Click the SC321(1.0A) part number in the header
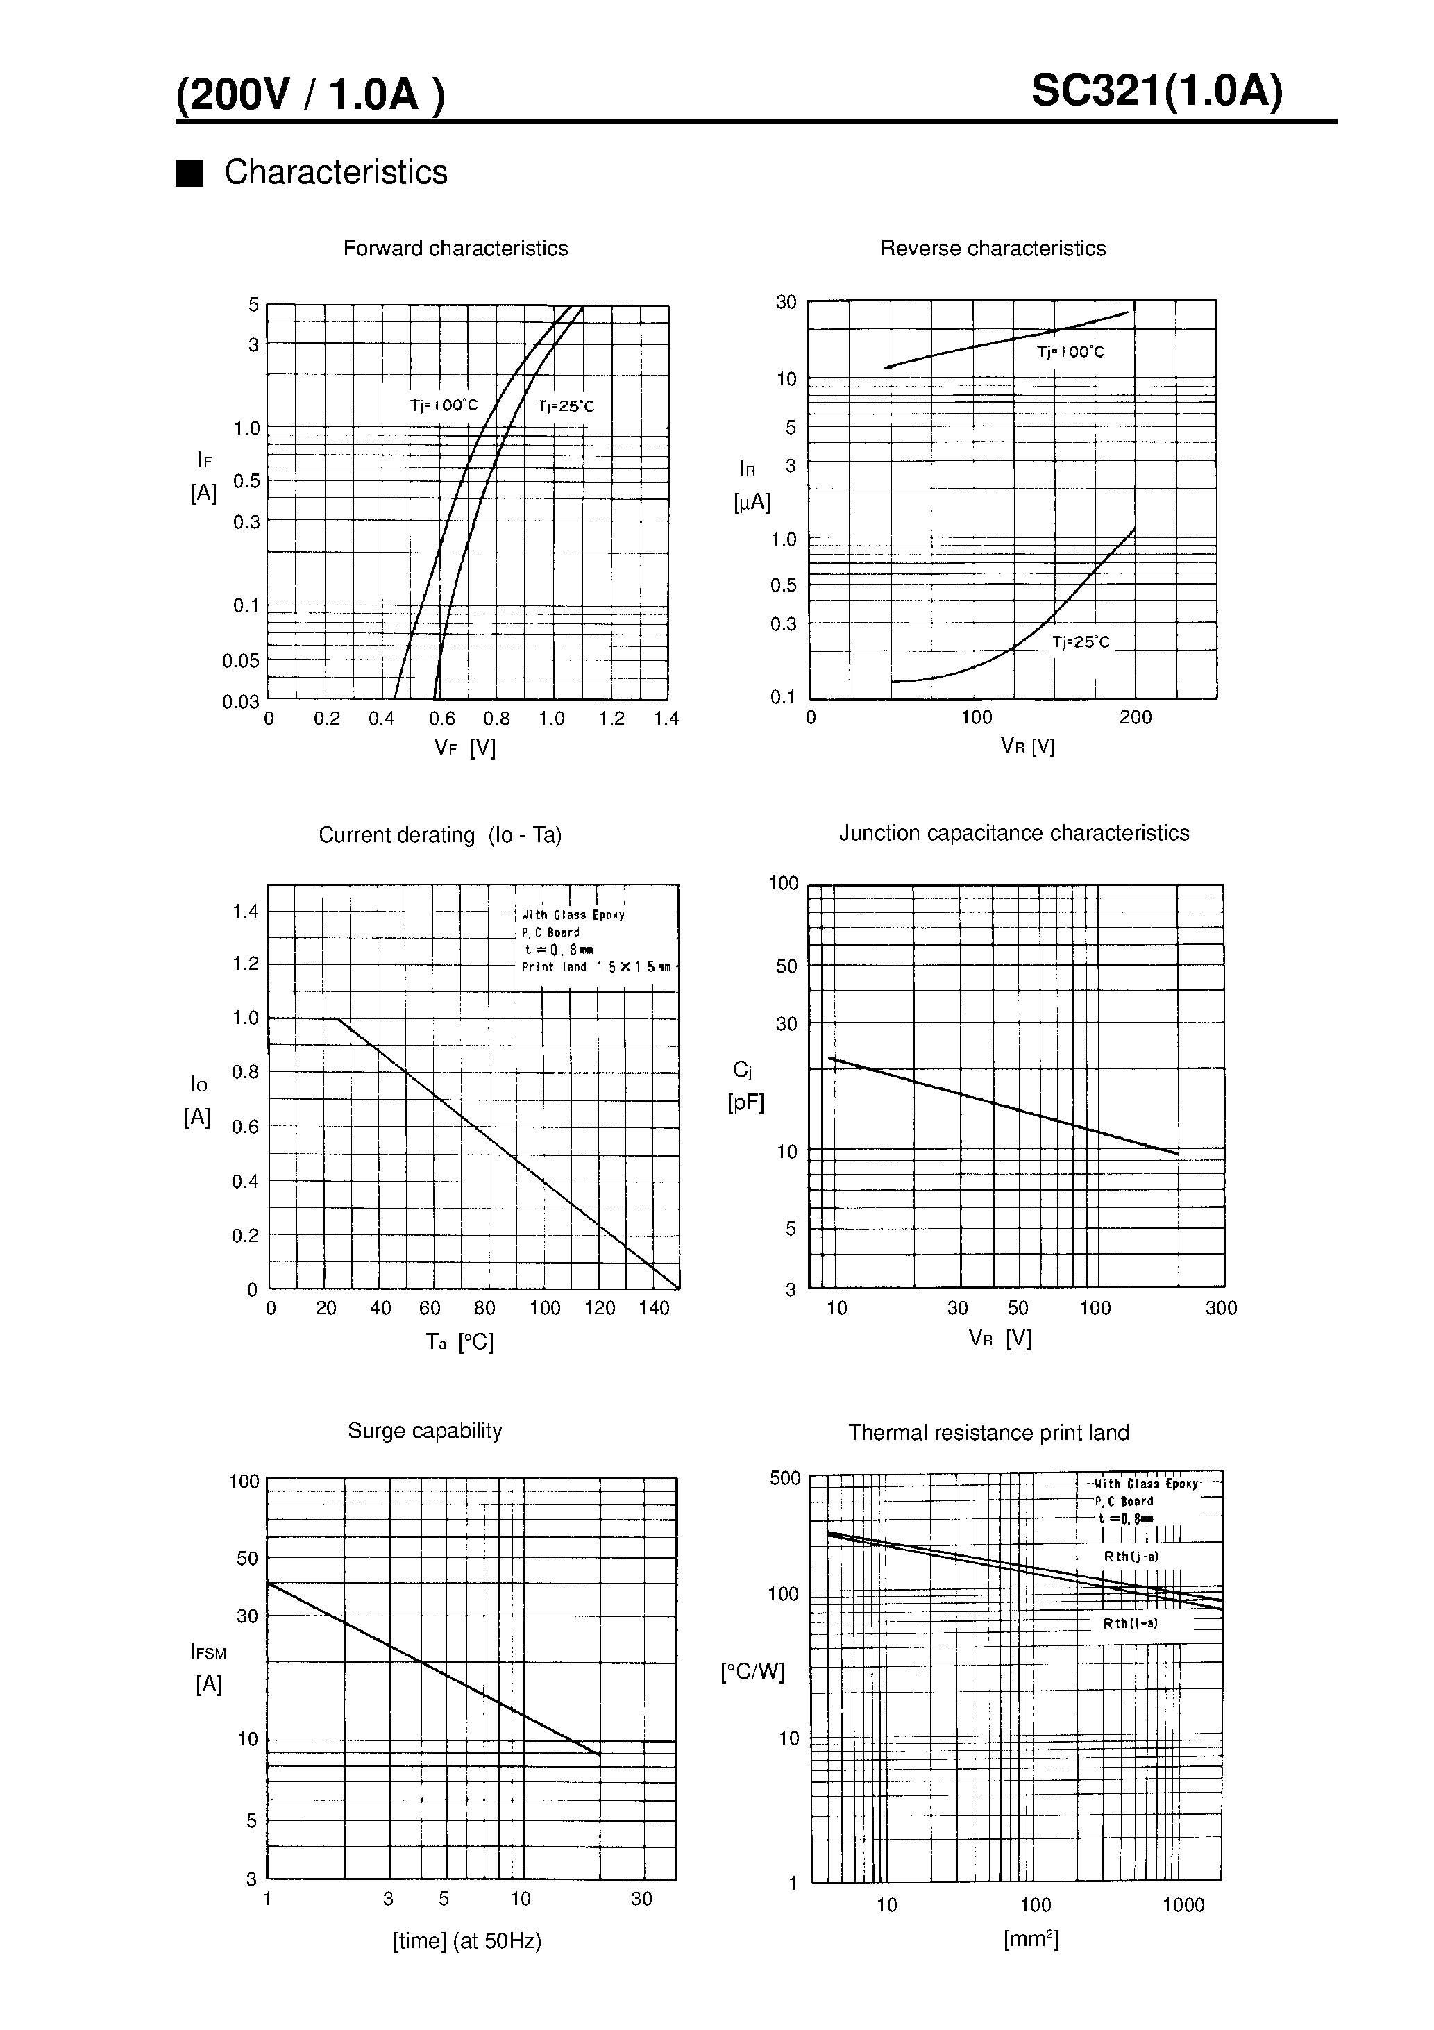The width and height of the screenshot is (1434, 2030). point(1156,90)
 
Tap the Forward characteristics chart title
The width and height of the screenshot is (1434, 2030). point(455,249)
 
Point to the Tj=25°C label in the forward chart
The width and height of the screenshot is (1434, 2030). point(566,406)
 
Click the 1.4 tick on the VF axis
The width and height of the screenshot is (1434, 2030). point(666,719)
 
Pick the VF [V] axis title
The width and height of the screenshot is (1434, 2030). point(465,748)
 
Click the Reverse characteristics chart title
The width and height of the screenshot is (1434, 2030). point(992,249)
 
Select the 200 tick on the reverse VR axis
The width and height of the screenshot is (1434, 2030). point(1135,717)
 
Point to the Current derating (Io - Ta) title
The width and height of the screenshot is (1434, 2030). point(439,835)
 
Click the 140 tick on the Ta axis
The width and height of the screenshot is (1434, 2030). point(655,1309)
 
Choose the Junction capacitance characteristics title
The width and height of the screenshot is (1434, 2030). point(1013,833)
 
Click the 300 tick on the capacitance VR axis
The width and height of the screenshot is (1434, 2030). point(1221,1309)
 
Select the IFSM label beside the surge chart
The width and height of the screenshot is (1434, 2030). point(209,1652)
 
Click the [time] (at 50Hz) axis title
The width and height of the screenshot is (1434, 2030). point(467,1940)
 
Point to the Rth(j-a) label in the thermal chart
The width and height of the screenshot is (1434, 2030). point(1131,1556)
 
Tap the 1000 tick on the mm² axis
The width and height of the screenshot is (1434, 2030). point(1183,1905)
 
